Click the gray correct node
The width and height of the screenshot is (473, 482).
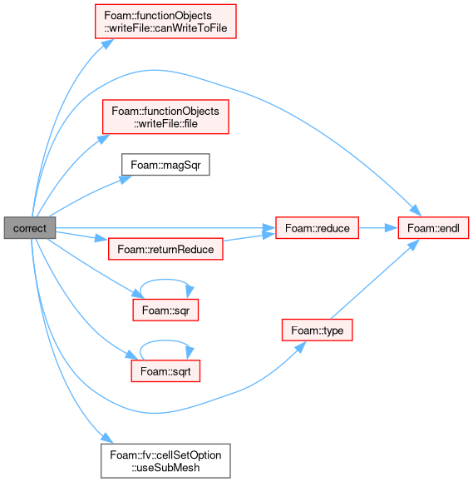tap(30, 228)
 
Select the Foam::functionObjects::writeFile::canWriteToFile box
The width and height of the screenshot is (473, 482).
tap(165, 22)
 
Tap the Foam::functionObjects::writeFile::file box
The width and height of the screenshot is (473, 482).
tap(165, 117)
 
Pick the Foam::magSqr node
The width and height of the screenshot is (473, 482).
tap(165, 165)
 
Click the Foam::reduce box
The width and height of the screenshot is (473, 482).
tap(317, 228)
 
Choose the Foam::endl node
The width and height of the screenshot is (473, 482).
tap(433, 228)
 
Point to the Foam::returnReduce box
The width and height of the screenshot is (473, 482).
tap(165, 249)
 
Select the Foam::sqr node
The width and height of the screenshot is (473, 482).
tap(165, 311)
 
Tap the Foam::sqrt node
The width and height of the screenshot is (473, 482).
tap(165, 371)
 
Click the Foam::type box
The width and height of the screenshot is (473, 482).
tap(317, 330)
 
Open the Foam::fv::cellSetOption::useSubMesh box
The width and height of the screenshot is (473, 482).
tap(165, 461)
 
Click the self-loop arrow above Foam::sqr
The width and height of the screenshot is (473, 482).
tap(165, 280)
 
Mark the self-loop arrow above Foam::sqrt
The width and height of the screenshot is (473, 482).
tap(165, 340)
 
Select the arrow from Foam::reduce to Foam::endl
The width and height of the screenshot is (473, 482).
tap(378, 228)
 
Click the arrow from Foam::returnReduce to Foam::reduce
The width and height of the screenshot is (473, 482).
tap(249, 237)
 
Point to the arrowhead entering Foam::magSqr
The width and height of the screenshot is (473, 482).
tap(126, 179)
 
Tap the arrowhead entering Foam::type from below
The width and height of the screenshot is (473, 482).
tap(301, 346)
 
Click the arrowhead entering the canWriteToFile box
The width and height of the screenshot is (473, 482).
tap(107, 43)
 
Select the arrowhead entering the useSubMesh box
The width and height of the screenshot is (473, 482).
tap(106, 438)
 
